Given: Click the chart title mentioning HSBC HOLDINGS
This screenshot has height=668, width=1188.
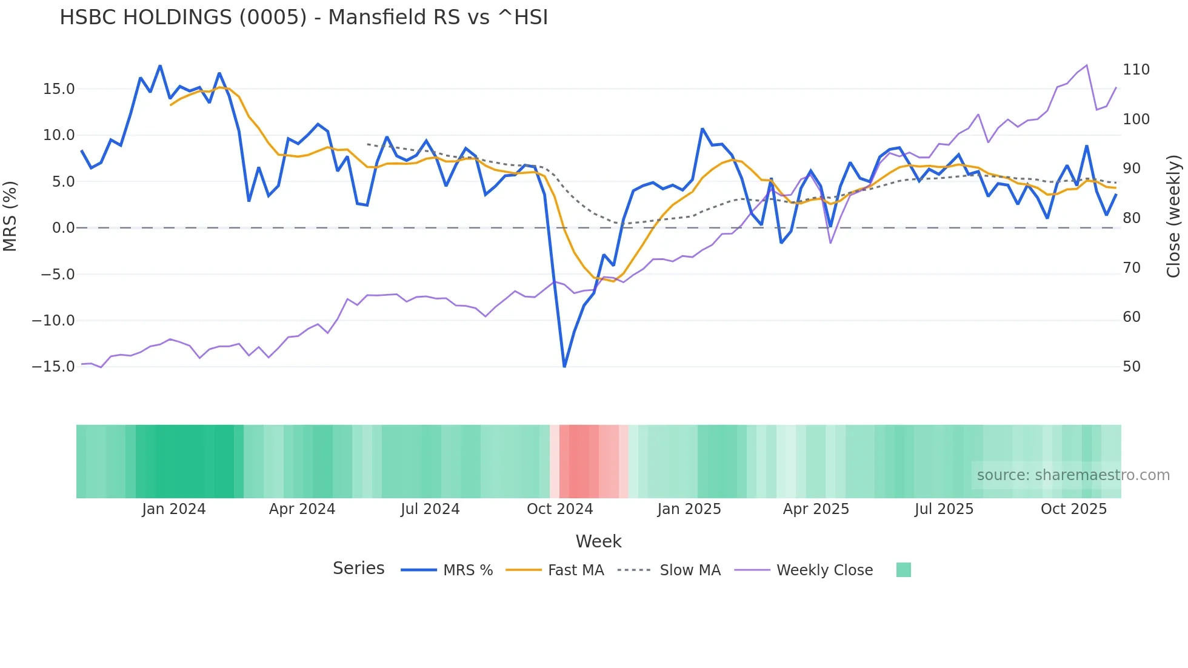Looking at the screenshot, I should point(304,18).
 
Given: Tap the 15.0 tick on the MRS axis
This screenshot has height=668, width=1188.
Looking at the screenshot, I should point(59,89).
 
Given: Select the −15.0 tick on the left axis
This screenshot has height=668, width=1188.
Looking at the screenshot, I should point(53,367).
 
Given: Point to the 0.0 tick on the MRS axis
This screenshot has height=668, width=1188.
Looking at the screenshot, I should point(63,228).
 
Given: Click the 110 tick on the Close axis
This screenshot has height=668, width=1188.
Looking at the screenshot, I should point(1136,70).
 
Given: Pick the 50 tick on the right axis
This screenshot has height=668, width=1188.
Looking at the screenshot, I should point(1132,367).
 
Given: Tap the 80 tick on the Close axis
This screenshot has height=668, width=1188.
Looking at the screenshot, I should point(1132,218).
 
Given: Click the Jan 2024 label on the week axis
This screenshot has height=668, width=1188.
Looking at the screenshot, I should point(174,509).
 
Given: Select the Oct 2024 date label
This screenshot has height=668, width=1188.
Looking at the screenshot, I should point(559,509).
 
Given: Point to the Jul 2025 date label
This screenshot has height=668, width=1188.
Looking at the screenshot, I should point(944,509).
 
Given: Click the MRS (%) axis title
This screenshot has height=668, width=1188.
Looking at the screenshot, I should point(10,216).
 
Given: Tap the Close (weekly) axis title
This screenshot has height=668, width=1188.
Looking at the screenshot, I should point(1174,216).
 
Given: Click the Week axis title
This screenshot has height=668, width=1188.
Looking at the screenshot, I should point(598,541).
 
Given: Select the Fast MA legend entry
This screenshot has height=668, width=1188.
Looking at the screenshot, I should point(575,570).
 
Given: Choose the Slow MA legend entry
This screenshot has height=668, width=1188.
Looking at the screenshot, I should point(690,570).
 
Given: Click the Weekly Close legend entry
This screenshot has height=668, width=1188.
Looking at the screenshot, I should point(824,570).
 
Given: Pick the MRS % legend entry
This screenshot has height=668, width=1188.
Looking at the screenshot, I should point(467,570).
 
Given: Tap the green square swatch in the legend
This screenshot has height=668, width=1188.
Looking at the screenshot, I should point(903,570).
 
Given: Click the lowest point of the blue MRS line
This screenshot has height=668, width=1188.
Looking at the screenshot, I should point(564,366).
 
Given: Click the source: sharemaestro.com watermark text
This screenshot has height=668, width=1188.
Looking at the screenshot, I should point(1073,475).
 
